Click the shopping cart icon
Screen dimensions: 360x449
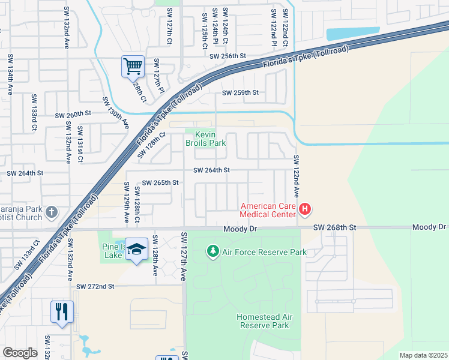tap(133, 66)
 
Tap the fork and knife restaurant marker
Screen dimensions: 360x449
tap(62, 311)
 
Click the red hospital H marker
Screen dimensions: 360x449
tap(305, 209)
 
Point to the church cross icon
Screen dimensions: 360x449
tap(52, 212)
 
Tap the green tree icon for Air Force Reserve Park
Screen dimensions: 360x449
tap(212, 251)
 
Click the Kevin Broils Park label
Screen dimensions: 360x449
tap(205, 139)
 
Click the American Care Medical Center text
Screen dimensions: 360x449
tap(268, 209)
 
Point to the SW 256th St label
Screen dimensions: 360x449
tap(228, 56)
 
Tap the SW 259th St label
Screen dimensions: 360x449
tap(240, 93)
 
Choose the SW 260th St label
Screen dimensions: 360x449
tap(73, 114)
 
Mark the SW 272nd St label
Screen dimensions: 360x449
tap(95, 287)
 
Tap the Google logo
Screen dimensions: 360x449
tap(20, 353)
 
